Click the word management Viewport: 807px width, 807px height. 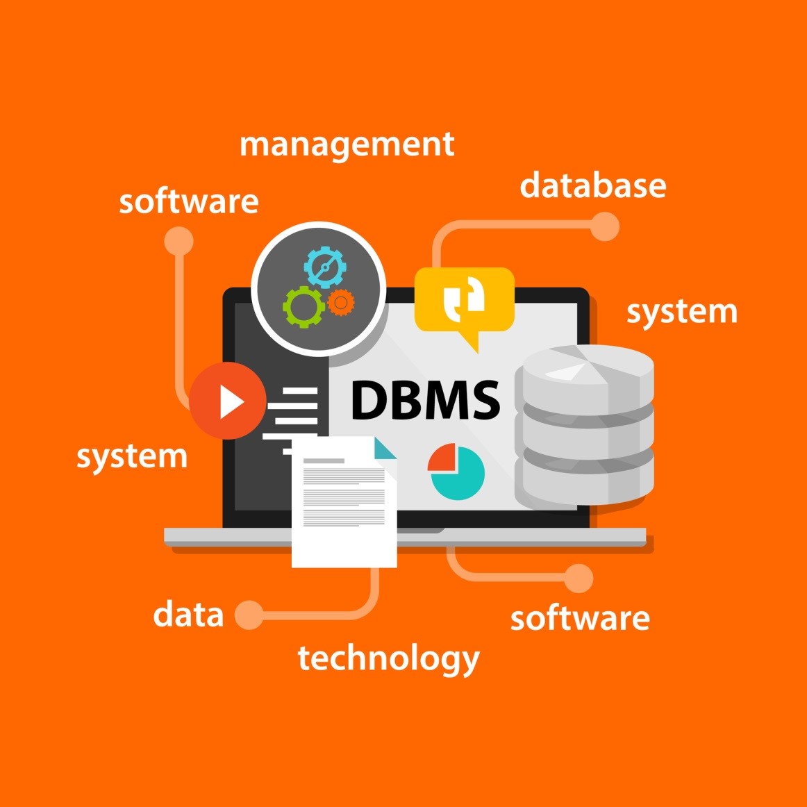[x=347, y=145]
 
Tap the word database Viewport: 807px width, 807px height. [x=592, y=186]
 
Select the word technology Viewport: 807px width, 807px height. [x=388, y=658]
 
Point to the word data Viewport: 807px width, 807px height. [x=188, y=615]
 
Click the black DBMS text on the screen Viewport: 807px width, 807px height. [x=425, y=400]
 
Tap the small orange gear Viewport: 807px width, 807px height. [x=340, y=302]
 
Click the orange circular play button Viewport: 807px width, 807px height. [x=228, y=401]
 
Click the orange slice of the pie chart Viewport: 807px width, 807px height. [x=442, y=458]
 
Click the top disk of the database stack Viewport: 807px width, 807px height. [x=588, y=375]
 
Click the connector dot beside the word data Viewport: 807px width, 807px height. [x=249, y=615]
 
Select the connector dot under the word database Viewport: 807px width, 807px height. [x=604, y=226]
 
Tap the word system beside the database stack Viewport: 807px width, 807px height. [x=681, y=313]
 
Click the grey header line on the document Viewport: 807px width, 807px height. [x=324, y=460]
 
